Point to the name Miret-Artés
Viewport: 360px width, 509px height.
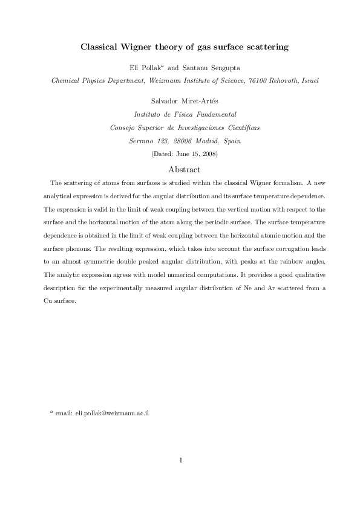tap(193, 100)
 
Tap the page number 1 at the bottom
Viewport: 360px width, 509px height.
tap(181, 461)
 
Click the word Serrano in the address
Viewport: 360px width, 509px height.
tap(143, 140)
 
